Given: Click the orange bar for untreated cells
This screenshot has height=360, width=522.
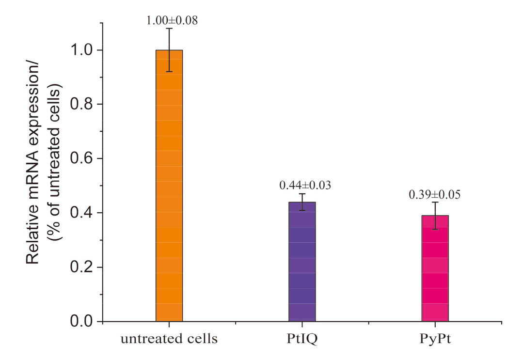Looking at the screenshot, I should [x=169, y=194].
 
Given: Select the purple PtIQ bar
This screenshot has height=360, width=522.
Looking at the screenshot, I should [x=302, y=266].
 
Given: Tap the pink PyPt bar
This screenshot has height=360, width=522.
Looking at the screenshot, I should [x=435, y=271].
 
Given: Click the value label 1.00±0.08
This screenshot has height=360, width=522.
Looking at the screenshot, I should [x=172, y=21].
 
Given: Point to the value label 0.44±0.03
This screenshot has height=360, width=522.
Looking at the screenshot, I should [x=305, y=185].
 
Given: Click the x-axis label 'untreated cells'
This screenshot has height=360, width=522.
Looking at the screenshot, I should [x=169, y=339].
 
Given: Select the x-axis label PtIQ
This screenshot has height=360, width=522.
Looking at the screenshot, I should [x=302, y=339].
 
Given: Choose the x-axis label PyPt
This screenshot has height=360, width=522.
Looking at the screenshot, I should [x=435, y=339].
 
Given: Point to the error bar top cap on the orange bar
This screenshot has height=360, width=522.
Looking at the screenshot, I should [x=169, y=29].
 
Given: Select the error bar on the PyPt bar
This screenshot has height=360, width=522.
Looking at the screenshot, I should [x=435, y=215].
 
